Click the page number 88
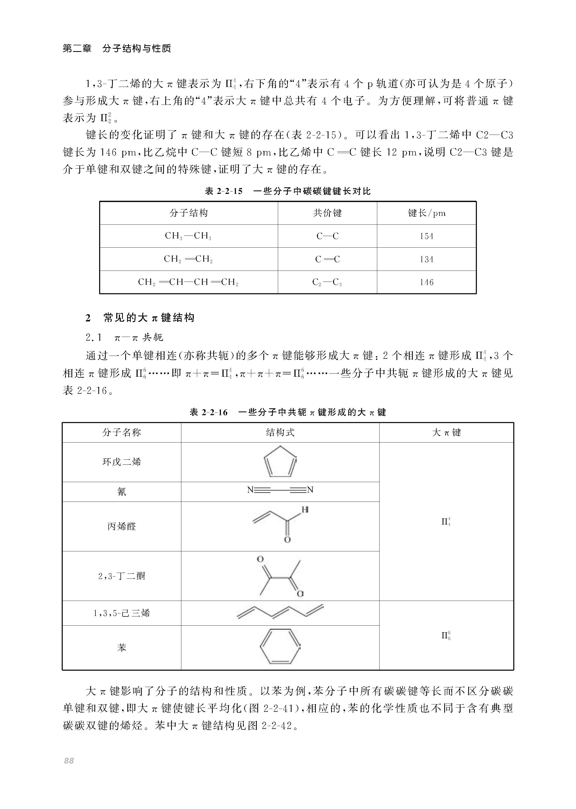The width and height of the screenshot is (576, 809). pyautogui.click(x=69, y=761)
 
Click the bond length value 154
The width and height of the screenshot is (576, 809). pyautogui.click(x=426, y=236)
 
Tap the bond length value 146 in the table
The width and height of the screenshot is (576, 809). pyautogui.click(x=426, y=282)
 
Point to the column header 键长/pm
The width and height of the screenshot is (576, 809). pyautogui.click(x=426, y=213)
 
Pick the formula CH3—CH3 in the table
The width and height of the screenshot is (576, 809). pyautogui.click(x=188, y=236)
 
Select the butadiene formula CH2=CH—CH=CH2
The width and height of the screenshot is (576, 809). pyautogui.click(x=188, y=282)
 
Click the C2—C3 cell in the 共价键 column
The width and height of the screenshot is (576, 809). pyautogui.click(x=327, y=282)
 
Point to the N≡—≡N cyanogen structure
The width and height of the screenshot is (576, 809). pyautogui.click(x=280, y=490)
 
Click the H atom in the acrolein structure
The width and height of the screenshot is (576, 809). pyautogui.click(x=305, y=510)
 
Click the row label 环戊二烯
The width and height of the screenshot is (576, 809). pyautogui.click(x=122, y=462)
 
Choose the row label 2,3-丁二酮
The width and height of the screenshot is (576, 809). pyautogui.click(x=122, y=576)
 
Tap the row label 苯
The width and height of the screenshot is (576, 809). pyautogui.click(x=122, y=648)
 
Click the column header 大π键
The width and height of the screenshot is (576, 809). pyautogui.click(x=446, y=432)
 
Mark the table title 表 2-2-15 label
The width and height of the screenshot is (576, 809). pyautogui.click(x=224, y=191)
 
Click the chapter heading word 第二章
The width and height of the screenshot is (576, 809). pyautogui.click(x=77, y=48)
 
